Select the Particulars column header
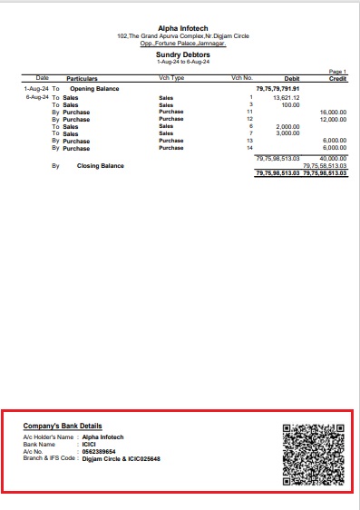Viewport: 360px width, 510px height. [82, 79]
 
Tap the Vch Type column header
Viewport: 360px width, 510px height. [171, 79]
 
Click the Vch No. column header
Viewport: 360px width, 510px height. [241, 79]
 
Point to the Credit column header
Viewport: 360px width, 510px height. [337, 79]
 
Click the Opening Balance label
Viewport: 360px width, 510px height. [95, 89]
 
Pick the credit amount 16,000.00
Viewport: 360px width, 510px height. [334, 112]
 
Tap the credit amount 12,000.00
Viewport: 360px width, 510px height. [334, 119]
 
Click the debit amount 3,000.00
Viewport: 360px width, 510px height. [287, 133]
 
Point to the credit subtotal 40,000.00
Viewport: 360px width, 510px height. [334, 159]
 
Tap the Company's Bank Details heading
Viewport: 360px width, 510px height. [63, 426]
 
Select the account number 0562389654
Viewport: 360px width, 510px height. [100, 451]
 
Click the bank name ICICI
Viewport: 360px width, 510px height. [89, 444]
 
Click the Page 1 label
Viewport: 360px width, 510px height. [337, 71]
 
